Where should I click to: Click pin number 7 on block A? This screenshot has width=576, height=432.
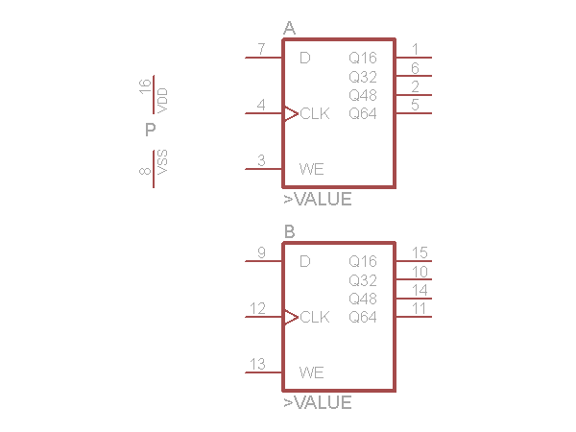click(x=261, y=49)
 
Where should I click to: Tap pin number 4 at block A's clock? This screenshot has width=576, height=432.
click(x=261, y=105)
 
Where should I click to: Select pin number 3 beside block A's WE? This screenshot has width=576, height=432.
click(x=261, y=160)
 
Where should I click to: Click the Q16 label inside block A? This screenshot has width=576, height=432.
click(x=363, y=58)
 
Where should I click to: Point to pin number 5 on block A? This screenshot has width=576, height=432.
click(x=415, y=105)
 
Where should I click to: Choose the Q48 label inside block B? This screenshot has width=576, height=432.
click(x=363, y=299)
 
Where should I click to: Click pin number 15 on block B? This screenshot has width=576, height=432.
click(x=420, y=252)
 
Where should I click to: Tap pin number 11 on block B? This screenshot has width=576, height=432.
click(x=420, y=308)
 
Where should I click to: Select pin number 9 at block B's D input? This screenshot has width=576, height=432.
click(x=261, y=252)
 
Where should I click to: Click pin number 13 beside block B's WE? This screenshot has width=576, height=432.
click(x=257, y=364)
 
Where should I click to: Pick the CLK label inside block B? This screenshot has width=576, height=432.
click(x=315, y=317)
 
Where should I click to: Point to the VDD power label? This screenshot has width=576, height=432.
click(x=162, y=97)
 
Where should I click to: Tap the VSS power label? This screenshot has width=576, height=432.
click(x=162, y=161)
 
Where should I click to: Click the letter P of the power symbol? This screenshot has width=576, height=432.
click(x=150, y=130)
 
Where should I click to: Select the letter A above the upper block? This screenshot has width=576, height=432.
click(x=289, y=29)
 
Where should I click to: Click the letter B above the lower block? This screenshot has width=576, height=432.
click(x=289, y=232)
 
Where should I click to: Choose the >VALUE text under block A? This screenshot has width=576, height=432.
click(x=318, y=200)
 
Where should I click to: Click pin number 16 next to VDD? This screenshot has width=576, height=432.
click(x=145, y=87)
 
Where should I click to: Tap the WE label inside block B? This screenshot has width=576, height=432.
click(x=311, y=372)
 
